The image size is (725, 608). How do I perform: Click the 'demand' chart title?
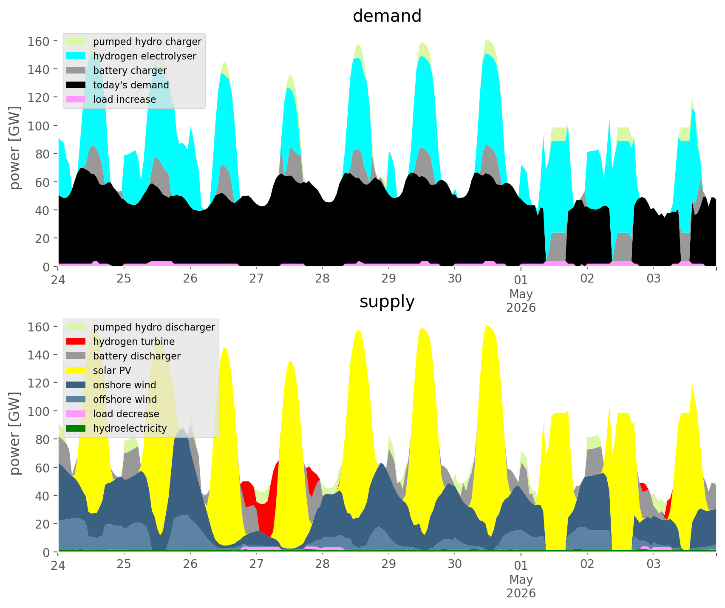click(387, 16)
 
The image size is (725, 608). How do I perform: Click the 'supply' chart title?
click(387, 302)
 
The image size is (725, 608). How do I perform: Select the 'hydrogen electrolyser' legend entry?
click(132, 56)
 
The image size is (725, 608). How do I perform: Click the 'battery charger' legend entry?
click(117, 71)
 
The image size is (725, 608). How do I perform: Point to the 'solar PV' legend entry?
click(99, 370)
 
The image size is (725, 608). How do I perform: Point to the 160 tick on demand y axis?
click(39, 41)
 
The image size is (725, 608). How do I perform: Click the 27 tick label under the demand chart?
click(256, 279)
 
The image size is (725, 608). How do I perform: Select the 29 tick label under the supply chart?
click(388, 565)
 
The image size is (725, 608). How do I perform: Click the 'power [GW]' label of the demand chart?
click(15, 148)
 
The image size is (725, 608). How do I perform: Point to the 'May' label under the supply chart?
click(521, 580)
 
